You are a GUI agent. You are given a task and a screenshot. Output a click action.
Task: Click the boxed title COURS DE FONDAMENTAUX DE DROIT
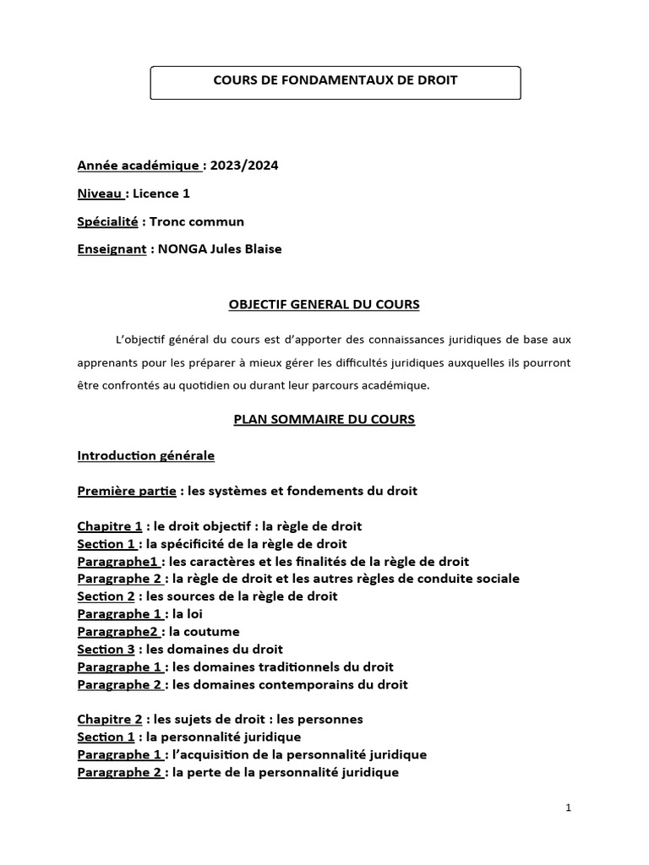coord(335,80)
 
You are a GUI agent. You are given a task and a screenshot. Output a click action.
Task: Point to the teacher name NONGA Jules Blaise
coord(216,250)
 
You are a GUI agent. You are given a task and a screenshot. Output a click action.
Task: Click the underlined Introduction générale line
coord(146,455)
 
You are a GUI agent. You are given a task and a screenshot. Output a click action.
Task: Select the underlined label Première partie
coord(126,491)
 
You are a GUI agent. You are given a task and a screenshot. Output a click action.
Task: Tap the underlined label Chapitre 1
coord(110,526)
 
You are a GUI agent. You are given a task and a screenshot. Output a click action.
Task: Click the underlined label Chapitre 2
coord(110,720)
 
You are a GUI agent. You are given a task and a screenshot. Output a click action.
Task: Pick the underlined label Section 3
coord(106,649)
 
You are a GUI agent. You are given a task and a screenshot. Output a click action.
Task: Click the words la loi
coord(187,614)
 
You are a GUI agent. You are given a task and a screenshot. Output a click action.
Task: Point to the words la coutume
coord(205,632)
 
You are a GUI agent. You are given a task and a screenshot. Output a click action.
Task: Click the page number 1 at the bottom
coord(569,808)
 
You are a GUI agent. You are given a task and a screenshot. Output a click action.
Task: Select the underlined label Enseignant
coord(112,250)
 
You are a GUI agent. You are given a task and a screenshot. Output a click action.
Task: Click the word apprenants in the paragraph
coord(111,362)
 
